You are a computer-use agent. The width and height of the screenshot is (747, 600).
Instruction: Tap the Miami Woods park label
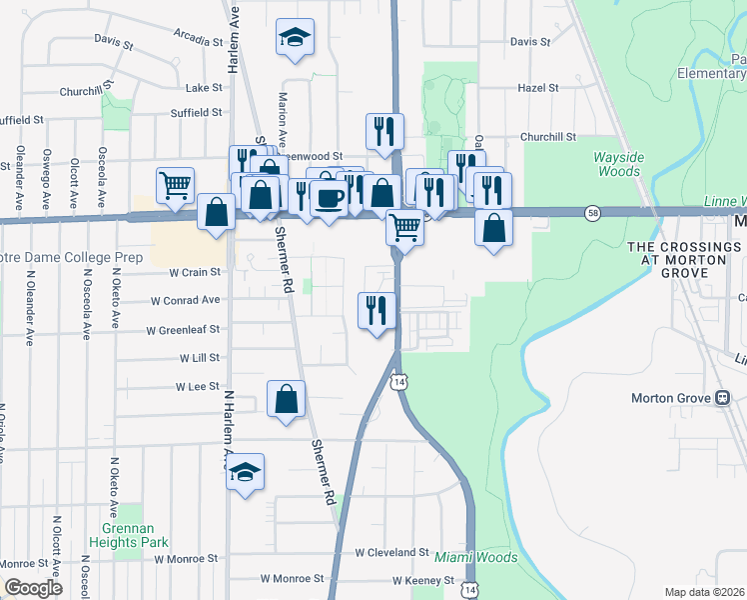475,557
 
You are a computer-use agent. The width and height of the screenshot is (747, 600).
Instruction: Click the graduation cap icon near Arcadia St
295,38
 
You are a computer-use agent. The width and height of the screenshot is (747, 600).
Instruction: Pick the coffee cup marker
328,197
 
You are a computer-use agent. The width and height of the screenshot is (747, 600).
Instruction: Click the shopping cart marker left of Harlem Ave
175,184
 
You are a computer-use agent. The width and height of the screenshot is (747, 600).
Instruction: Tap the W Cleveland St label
392,552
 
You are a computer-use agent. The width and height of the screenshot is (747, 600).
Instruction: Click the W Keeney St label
423,580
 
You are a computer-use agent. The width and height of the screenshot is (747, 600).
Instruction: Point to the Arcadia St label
198,42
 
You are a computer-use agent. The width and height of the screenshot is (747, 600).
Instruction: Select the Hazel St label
538,88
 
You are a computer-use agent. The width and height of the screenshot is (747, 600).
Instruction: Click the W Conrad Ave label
185,300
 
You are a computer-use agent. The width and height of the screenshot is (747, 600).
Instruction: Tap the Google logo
33,588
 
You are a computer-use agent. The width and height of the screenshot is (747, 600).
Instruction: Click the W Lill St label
200,357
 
